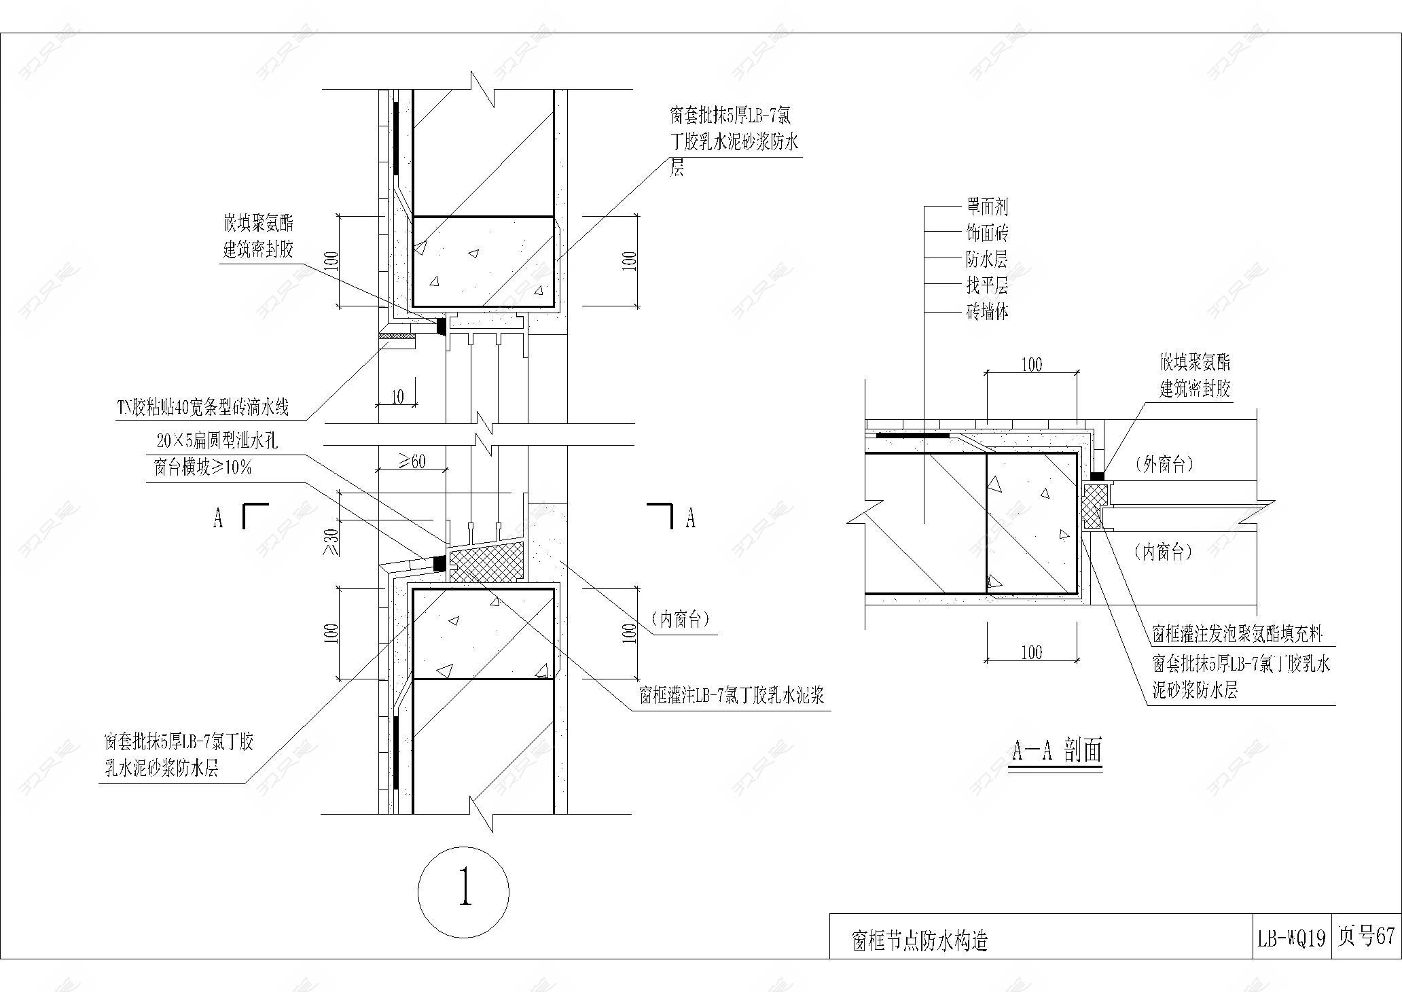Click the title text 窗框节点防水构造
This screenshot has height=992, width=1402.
(x=920, y=941)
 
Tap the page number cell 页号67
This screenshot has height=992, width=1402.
(x=1365, y=936)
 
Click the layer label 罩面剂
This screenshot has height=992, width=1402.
(x=987, y=207)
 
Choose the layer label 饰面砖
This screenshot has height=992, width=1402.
(x=987, y=233)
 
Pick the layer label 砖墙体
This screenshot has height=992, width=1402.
(x=987, y=312)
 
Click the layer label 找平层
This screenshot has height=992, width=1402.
(x=987, y=285)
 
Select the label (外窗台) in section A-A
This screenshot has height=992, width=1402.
(x=1164, y=465)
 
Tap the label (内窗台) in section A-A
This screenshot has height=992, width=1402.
(x=1164, y=552)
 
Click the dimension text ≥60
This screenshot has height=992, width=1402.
(x=412, y=461)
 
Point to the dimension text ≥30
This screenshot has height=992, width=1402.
(x=331, y=542)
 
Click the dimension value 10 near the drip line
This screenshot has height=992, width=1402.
(x=397, y=395)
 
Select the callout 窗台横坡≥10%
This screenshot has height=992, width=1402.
(x=202, y=467)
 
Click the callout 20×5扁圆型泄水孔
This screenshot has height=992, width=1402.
(x=217, y=442)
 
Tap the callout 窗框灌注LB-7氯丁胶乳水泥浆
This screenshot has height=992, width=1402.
(x=732, y=696)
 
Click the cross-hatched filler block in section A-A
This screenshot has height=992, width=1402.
(x=1093, y=506)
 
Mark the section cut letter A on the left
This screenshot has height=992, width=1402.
(x=218, y=518)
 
